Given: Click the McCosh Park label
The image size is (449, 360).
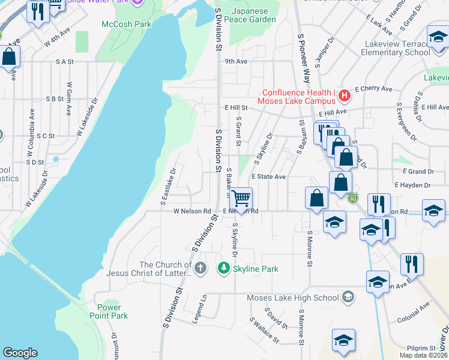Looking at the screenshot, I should tap(127, 24).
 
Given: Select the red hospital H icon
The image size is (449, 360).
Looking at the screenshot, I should tap(344, 95).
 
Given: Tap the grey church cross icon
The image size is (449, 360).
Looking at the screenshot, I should tap(200, 268).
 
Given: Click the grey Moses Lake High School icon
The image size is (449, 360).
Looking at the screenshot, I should tap(348, 298).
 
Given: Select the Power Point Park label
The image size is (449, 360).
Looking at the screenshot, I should tap(109, 311).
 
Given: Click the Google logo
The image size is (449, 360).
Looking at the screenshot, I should tap(20, 353).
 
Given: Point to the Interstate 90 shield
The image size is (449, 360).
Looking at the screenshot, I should tap(354, 197).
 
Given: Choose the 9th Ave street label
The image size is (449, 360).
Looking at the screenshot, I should tap(236, 61).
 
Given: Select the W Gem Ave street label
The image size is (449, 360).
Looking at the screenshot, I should tap(69, 99).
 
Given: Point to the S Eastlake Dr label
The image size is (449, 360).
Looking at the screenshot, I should tap(167, 187).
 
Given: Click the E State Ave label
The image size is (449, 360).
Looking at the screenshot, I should tap(268, 177).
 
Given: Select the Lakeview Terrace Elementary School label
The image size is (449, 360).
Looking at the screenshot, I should tap(396, 49).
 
